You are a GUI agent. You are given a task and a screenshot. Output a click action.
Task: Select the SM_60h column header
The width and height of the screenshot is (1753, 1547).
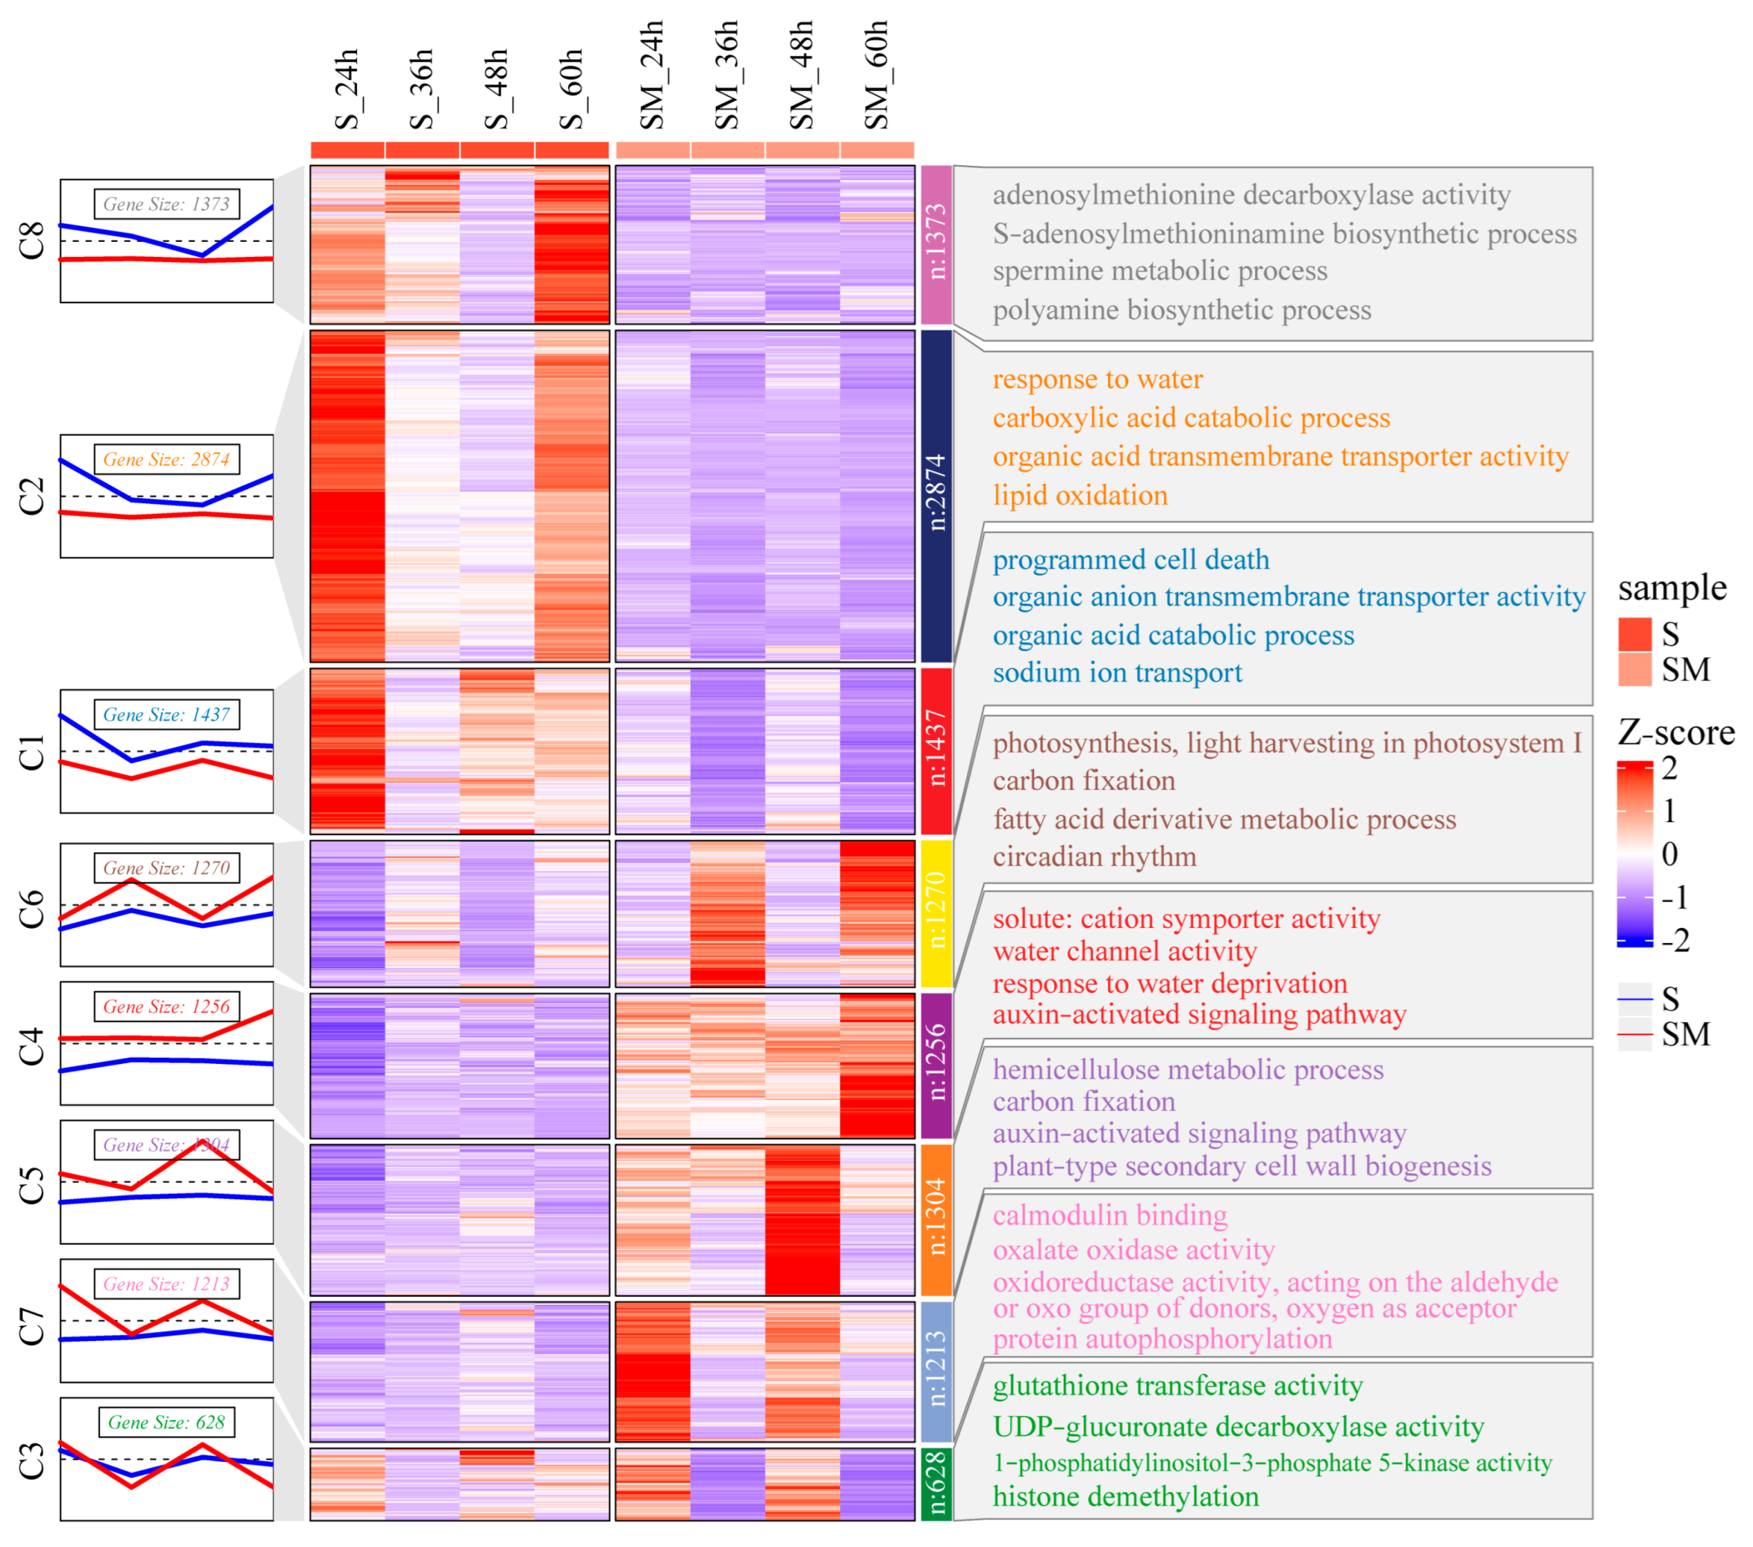877,75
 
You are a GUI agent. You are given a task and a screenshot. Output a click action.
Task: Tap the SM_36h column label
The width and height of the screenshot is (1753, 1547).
727,75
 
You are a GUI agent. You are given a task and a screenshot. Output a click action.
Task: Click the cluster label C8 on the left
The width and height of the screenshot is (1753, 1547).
32,240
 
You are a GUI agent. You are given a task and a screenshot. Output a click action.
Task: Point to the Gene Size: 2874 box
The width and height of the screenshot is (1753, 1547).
166,459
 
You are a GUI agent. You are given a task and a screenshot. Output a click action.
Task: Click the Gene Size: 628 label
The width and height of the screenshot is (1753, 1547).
166,1422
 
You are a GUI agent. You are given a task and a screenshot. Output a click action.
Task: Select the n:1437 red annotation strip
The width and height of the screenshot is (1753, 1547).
936,751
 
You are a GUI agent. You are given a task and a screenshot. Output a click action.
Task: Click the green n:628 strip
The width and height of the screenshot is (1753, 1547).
936,1483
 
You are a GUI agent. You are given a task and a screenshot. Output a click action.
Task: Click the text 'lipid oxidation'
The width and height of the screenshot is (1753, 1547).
1080,495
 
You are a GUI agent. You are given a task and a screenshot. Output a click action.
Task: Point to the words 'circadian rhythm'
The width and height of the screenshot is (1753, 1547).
1094,856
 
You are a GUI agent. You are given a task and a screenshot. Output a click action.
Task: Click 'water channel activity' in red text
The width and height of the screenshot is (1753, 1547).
1124,951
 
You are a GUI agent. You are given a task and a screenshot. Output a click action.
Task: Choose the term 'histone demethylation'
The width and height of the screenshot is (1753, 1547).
1125,1497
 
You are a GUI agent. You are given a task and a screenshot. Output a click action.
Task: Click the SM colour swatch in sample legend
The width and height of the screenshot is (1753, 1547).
1634,670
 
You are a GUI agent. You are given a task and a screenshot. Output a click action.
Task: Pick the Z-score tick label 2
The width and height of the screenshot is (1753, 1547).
1669,768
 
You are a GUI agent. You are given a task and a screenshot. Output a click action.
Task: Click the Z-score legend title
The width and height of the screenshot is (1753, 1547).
1676,732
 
